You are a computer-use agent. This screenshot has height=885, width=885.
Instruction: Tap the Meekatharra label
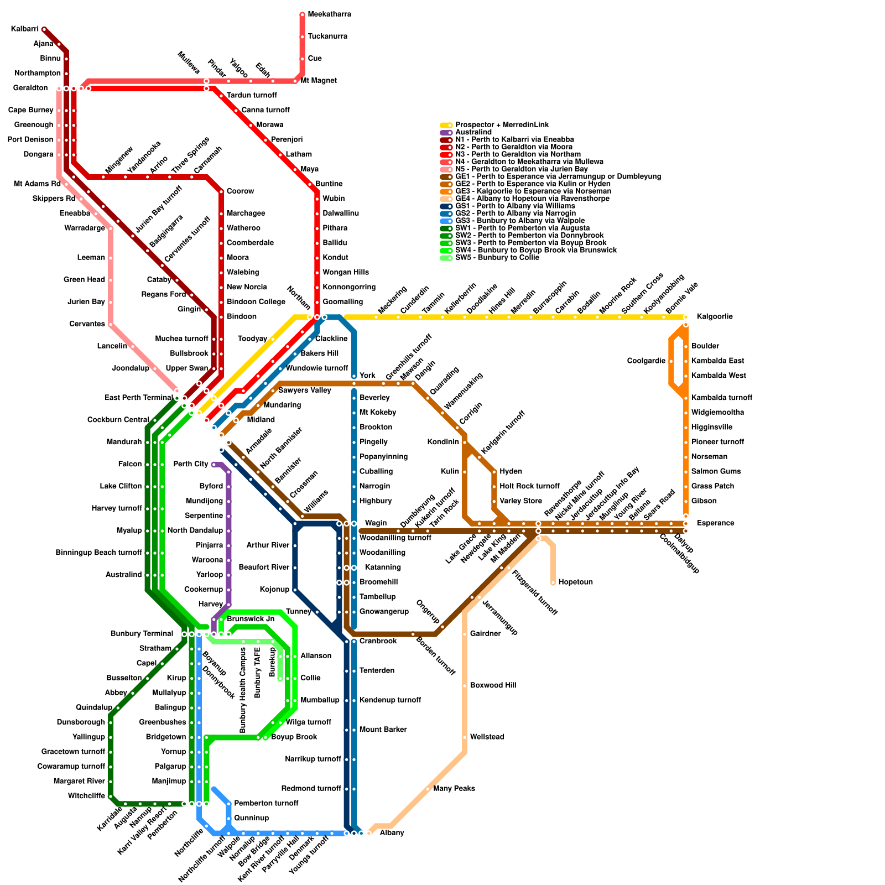pos(329,14)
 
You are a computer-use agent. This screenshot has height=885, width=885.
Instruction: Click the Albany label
pos(392,833)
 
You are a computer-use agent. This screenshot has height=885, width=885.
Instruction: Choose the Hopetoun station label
pos(575,582)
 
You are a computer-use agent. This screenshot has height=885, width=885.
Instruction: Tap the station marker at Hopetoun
pos(553,582)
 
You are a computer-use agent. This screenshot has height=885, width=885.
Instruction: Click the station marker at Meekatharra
pos(303,14)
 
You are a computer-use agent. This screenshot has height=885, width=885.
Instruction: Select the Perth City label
pos(190,464)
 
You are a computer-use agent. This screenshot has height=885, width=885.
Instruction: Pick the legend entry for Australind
pos(473,132)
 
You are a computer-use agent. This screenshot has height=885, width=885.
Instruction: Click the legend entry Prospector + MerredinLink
pos(502,125)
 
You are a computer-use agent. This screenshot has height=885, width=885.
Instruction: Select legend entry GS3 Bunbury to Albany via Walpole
pos(520,221)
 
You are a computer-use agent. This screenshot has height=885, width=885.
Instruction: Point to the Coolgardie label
pos(646,361)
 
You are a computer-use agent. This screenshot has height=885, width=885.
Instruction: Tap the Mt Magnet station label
pos(319,81)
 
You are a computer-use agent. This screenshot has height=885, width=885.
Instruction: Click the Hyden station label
pos(511,472)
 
